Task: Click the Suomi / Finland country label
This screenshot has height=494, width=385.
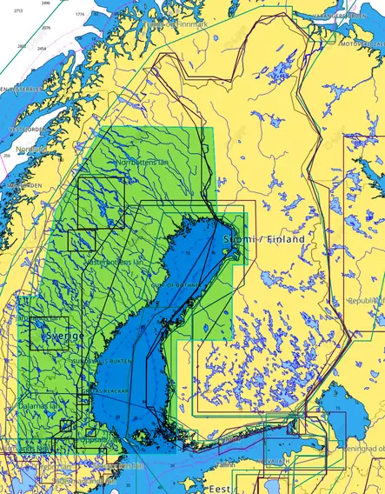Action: pyautogui.click(x=265, y=238)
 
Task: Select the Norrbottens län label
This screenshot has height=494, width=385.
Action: pyautogui.click(x=143, y=163)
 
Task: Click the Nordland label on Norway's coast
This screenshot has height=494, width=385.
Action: pyautogui.click(x=32, y=149)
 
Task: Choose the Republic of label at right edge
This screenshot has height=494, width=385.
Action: pyautogui.click(x=364, y=300)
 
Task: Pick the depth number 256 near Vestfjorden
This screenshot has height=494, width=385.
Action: pyautogui.click(x=7, y=155)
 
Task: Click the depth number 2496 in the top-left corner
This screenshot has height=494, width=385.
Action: pyautogui.click(x=46, y=3)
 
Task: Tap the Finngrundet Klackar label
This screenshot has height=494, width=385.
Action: pyautogui.click(x=109, y=392)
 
